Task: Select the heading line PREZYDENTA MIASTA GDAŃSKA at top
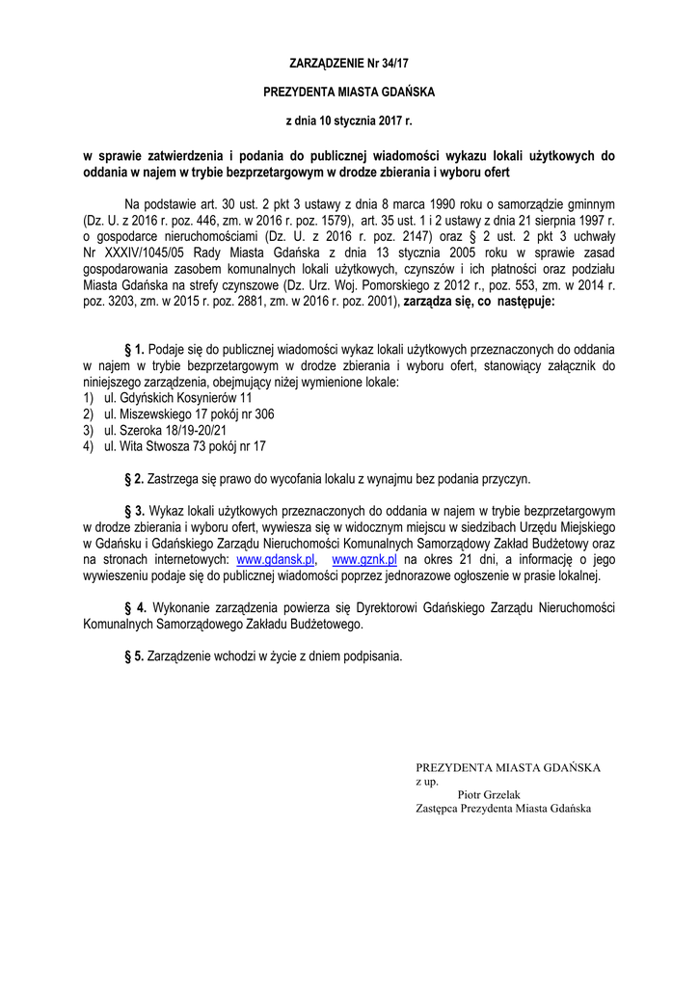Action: click(349, 93)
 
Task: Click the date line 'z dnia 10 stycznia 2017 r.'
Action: click(349, 122)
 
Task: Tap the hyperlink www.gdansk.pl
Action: click(277, 559)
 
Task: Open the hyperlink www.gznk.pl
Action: click(364, 559)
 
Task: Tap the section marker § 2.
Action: click(134, 478)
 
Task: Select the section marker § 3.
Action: click(134, 511)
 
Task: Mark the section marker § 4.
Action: click(134, 608)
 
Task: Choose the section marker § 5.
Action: click(134, 656)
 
